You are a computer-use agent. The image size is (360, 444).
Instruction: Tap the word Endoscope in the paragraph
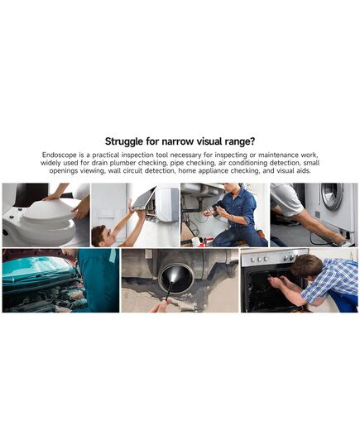tap(60, 155)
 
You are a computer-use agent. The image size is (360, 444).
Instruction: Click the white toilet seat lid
tap(49, 209)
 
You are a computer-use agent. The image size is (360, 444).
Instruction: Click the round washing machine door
tap(332, 196)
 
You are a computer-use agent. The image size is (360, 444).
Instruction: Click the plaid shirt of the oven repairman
tap(332, 278)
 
